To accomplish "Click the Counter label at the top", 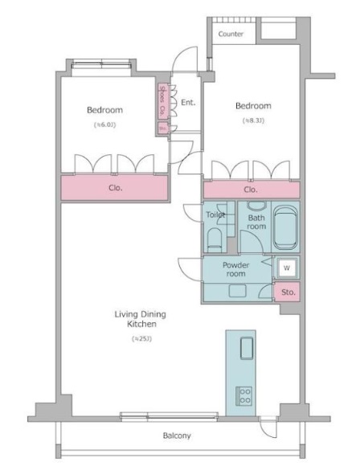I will (231, 34).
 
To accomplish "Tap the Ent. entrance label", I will (188, 102).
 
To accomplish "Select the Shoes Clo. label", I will (162, 100).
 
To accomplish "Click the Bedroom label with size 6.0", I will (104, 110).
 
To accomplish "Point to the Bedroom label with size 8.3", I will (252, 105).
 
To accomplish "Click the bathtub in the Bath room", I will (285, 228).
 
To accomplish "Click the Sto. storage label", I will (288, 292).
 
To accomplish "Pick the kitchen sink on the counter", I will (244, 348).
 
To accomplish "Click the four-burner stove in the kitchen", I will (244, 394).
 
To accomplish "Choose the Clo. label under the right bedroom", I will (251, 190).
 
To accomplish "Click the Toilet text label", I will (215, 215).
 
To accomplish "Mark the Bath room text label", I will (256, 222).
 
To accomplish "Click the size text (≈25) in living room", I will (141, 339).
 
